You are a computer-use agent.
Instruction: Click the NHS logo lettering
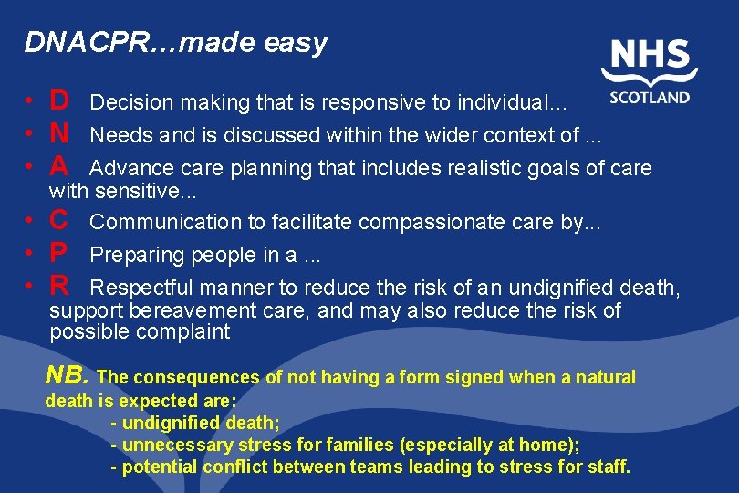[650, 56]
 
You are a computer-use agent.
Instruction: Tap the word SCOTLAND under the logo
[650, 97]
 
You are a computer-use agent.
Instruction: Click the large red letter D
[59, 100]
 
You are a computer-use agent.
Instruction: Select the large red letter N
[59, 133]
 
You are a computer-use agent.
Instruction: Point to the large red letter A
[59, 166]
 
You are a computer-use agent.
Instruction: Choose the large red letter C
[59, 220]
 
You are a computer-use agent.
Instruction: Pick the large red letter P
[59, 253]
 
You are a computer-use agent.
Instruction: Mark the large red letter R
[59, 286]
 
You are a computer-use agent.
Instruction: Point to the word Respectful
[142, 288]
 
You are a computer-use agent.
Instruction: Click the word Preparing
[132, 255]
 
